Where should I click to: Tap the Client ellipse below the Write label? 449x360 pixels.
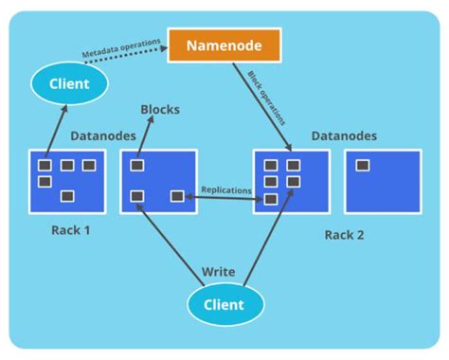pyautogui.click(x=224, y=304)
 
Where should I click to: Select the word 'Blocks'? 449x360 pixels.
pyautogui.click(x=160, y=110)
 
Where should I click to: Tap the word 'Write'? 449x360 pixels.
pyautogui.click(x=219, y=272)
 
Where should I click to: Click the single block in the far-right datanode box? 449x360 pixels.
pyautogui.click(x=362, y=166)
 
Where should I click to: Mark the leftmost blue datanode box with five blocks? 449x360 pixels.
pyautogui.click(x=66, y=182)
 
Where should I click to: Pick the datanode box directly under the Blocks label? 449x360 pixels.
pyautogui.click(x=158, y=182)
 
